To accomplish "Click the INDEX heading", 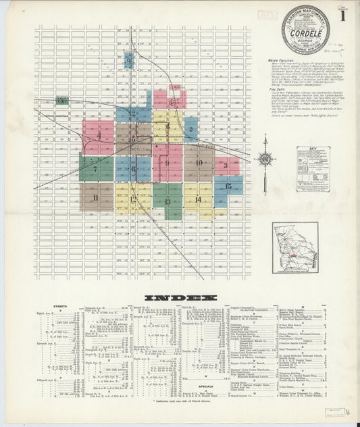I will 180,298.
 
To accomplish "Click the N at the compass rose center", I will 265,160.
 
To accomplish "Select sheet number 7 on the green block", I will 95,169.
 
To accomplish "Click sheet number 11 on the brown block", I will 97,197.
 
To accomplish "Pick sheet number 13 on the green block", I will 167,201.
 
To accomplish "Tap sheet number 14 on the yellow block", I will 198,199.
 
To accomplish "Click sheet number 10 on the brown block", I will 199,162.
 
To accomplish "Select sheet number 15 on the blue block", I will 229,186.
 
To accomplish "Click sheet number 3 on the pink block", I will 226,165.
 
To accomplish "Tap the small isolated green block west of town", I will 62,101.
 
